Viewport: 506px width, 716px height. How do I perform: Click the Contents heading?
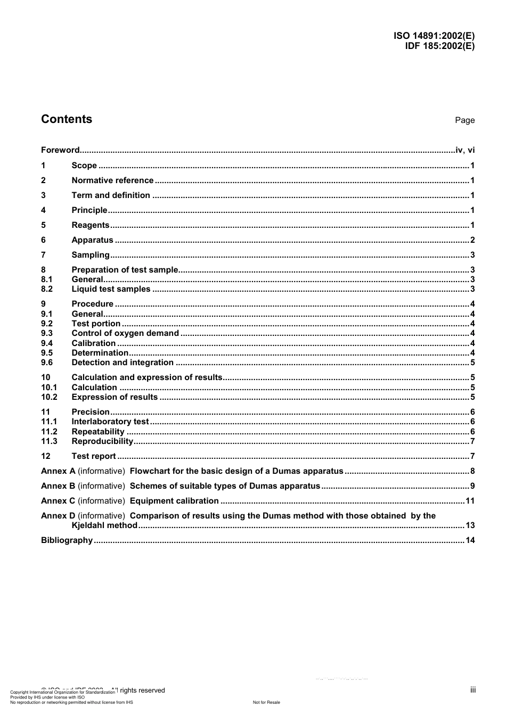pyautogui.click(x=67, y=119)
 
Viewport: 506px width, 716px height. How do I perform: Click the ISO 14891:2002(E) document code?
pyautogui.click(x=434, y=36)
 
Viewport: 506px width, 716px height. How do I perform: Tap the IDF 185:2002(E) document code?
pyautogui.click(x=439, y=46)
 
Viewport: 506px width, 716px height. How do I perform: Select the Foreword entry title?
pyautogui.click(x=60, y=150)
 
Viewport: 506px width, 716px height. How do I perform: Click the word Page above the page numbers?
pyautogui.click(x=464, y=120)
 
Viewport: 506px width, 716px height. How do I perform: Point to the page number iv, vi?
pyautogui.click(x=465, y=150)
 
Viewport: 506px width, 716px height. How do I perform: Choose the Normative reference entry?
pyautogui.click(x=112, y=180)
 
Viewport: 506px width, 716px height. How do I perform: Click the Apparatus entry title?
pyautogui.click(x=92, y=240)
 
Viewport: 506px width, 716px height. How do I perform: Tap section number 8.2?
pyautogui.click(x=47, y=289)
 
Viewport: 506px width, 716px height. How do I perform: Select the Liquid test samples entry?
pyautogui.click(x=111, y=289)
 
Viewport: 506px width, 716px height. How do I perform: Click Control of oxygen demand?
pyautogui.click(x=125, y=333)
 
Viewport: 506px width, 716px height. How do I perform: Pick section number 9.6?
pyautogui.click(x=47, y=363)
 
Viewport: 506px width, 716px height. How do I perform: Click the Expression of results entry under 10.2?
pyautogui.click(x=115, y=397)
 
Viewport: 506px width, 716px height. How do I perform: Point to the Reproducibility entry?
pyautogui.click(x=102, y=441)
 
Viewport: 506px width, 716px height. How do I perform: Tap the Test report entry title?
pyautogui.click(x=94, y=456)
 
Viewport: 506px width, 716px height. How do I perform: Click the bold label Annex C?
pyautogui.click(x=58, y=501)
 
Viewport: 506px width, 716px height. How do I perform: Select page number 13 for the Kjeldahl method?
pyautogui.click(x=470, y=525)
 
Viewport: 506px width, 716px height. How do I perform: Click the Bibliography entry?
pyautogui.click(x=67, y=540)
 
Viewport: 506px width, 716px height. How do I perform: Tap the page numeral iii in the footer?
pyautogui.click(x=473, y=690)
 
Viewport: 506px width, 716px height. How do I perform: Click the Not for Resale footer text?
pyautogui.click(x=266, y=702)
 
